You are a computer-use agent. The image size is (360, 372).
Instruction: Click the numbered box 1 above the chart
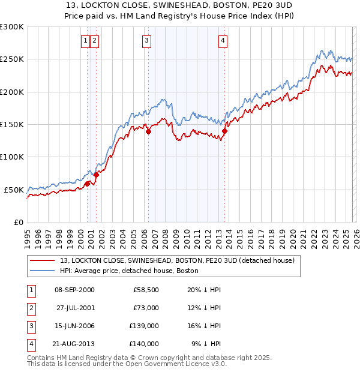(x=86, y=41)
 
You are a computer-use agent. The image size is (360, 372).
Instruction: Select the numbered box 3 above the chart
(x=146, y=41)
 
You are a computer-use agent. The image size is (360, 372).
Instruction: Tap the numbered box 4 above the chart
(x=223, y=41)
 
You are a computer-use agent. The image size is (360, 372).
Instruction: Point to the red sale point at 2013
(x=224, y=131)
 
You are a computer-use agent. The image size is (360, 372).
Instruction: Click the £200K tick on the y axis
(x=12, y=92)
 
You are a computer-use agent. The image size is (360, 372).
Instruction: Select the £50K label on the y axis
(x=14, y=190)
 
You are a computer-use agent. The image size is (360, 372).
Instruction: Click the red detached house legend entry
(x=176, y=260)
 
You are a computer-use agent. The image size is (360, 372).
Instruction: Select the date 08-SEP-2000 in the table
(x=74, y=290)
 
